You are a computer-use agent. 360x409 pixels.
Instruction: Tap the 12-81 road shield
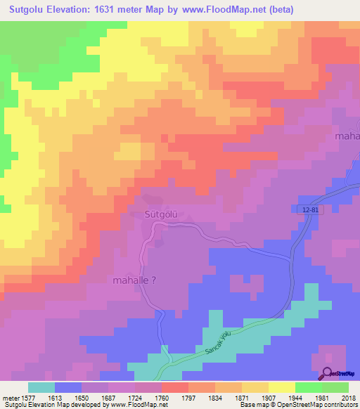303,211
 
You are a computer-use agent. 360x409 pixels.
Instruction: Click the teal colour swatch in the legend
41,387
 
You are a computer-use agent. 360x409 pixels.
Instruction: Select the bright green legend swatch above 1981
308,387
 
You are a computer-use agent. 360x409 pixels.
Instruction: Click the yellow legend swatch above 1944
281,387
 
